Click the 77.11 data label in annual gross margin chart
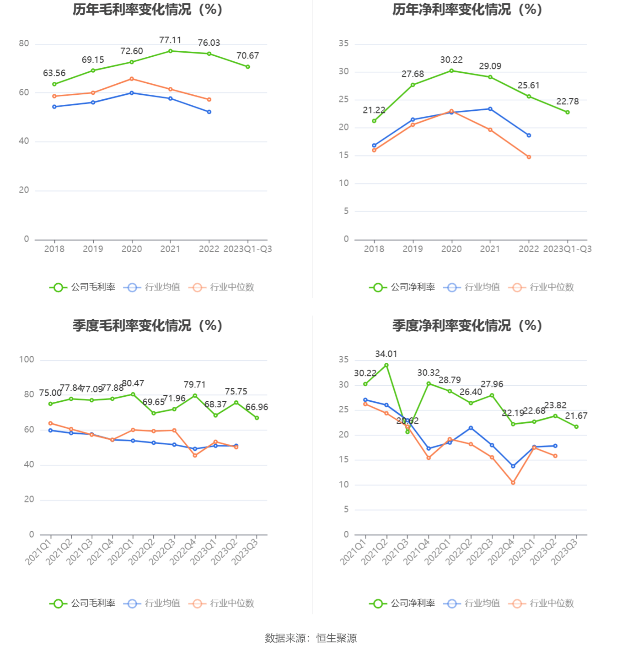(170, 40)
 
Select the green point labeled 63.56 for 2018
(54, 84)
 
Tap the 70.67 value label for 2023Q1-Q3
(247, 56)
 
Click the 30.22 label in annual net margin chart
(451, 60)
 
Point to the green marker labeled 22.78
(568, 112)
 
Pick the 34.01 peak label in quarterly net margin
(386, 354)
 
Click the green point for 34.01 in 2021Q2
(386, 365)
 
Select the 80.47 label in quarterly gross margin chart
(133, 383)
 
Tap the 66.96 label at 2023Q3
(257, 407)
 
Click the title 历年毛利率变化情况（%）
(147, 10)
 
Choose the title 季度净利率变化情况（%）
(467, 326)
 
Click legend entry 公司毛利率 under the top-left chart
(83, 287)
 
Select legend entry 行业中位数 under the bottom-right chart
(541, 604)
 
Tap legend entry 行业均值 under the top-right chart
(472, 287)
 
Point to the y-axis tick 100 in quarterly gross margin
(27, 360)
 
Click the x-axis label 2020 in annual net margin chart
(451, 249)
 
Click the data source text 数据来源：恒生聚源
(311, 638)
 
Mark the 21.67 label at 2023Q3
(576, 416)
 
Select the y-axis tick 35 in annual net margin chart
(343, 43)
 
